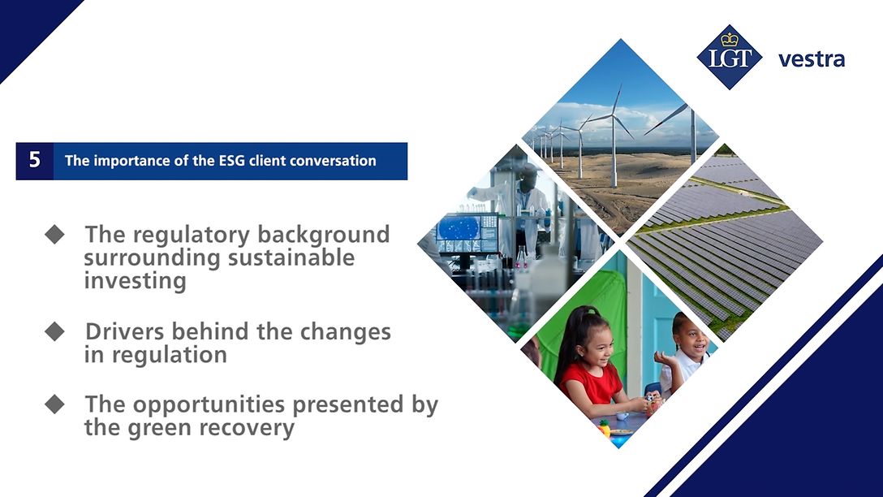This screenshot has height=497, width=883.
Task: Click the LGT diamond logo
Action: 730,58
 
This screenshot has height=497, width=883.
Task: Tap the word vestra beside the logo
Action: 811,59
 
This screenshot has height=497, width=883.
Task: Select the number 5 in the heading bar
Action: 34,160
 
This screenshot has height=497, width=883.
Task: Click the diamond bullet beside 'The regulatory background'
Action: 54,235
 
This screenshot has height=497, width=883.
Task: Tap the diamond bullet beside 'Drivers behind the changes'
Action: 54,332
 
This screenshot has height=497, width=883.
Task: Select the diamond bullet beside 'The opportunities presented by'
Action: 54,404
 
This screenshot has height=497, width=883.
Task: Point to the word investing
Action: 135,281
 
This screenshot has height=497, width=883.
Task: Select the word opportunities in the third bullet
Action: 207,404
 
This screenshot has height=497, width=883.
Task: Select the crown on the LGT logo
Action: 730,39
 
